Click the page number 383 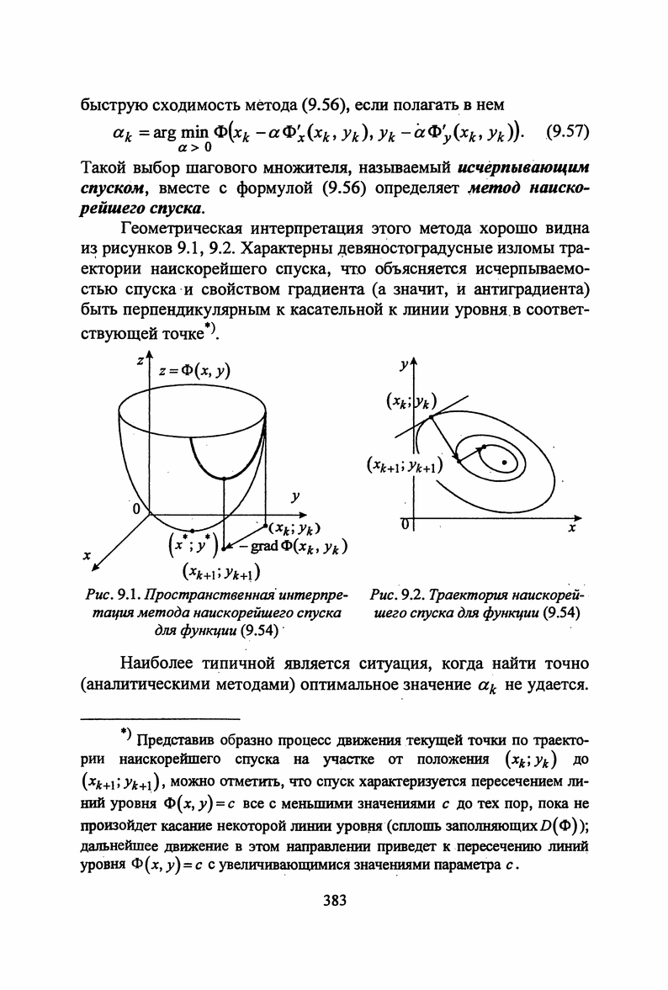pos(334,902)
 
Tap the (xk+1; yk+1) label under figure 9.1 pos(222,573)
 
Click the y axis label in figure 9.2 pos(405,363)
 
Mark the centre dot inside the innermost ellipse pos(504,462)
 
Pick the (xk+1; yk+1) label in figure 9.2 pos(405,465)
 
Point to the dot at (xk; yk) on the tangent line pos(430,416)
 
